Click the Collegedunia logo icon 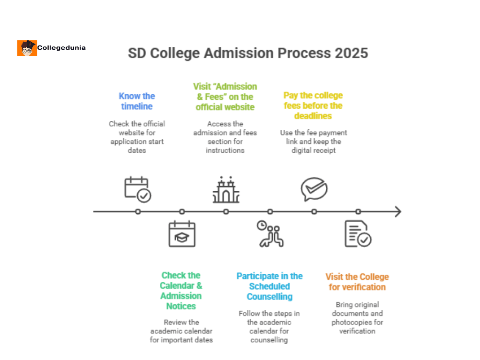[x=27, y=48]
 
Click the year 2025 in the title [x=351, y=53]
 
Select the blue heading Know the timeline [x=137, y=101]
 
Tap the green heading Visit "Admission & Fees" [x=225, y=97]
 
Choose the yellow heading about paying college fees [x=313, y=105]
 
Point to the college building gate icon [x=226, y=190]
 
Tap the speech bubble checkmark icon [x=314, y=189]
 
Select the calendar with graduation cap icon [x=182, y=234]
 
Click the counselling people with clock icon [x=270, y=233]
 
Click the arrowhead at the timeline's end [x=397, y=211]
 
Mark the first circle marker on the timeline [x=138, y=211]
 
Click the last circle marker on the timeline [x=358, y=211]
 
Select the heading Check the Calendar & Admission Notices [x=181, y=291]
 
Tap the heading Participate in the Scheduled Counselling [x=270, y=286]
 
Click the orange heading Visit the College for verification [x=357, y=282]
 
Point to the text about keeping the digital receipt [x=314, y=142]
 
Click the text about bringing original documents [x=357, y=318]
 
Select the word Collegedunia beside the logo [x=61, y=48]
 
